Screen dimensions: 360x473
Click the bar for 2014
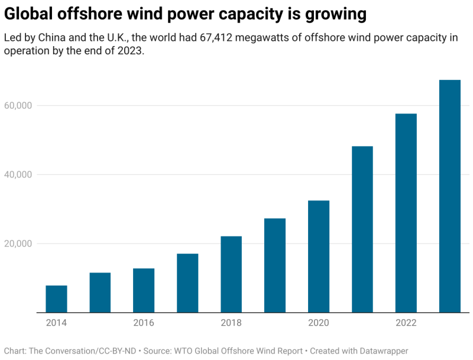[56, 299]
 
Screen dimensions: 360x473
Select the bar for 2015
[100, 293]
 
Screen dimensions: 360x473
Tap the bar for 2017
[187, 283]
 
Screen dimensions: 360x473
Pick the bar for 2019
[275, 265]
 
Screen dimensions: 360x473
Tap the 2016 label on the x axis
[144, 323]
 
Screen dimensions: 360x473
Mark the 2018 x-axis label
[231, 323]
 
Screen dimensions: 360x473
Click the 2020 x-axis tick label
[319, 323]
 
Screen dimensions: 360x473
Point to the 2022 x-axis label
[406, 323]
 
